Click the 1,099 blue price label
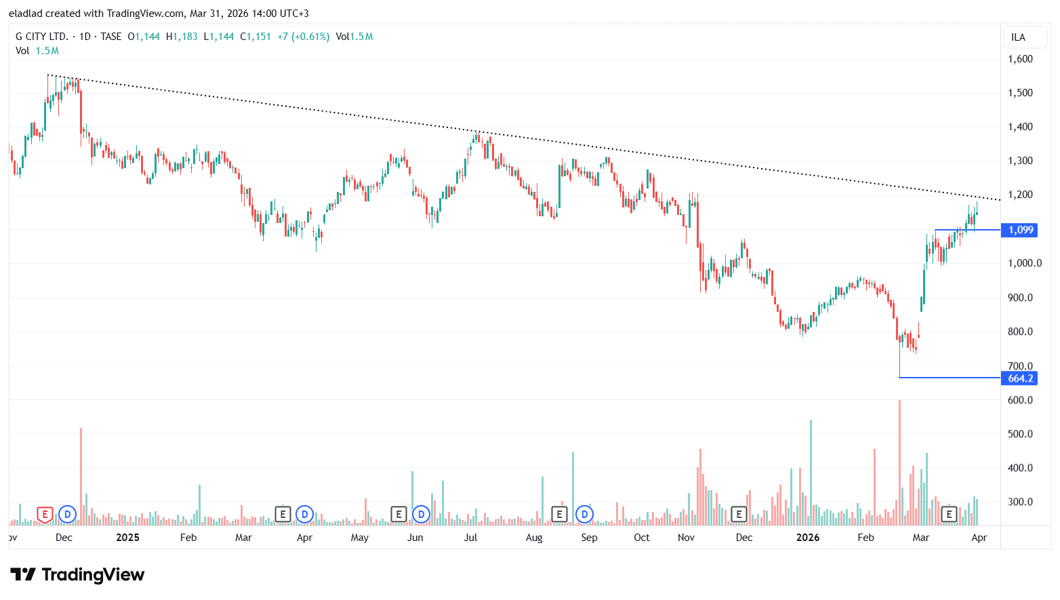click(x=1020, y=230)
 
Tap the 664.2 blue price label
click(x=1019, y=378)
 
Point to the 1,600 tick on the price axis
click(x=1020, y=59)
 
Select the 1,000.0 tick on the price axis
click(x=1024, y=263)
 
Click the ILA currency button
click(x=1018, y=37)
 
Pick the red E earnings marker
click(x=45, y=515)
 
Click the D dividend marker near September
click(x=584, y=515)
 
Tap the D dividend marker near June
click(x=421, y=515)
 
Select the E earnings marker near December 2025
click(x=739, y=515)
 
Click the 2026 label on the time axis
click(x=807, y=538)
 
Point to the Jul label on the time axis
click(x=470, y=538)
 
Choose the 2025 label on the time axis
click(x=127, y=538)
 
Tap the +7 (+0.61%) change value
click(x=303, y=37)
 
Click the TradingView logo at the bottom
click(x=77, y=575)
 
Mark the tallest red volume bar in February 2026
click(x=899, y=461)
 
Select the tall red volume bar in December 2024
click(x=81, y=475)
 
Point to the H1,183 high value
click(x=182, y=37)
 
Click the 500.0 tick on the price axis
click(x=1020, y=434)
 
